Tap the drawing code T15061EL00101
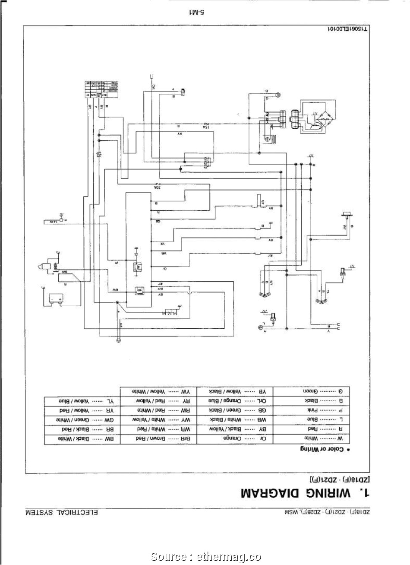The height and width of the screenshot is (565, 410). coord(347,30)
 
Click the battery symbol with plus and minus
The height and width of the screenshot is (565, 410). coord(54,298)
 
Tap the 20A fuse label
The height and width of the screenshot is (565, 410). coord(157,187)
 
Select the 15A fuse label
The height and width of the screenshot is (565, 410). coord(205,127)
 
